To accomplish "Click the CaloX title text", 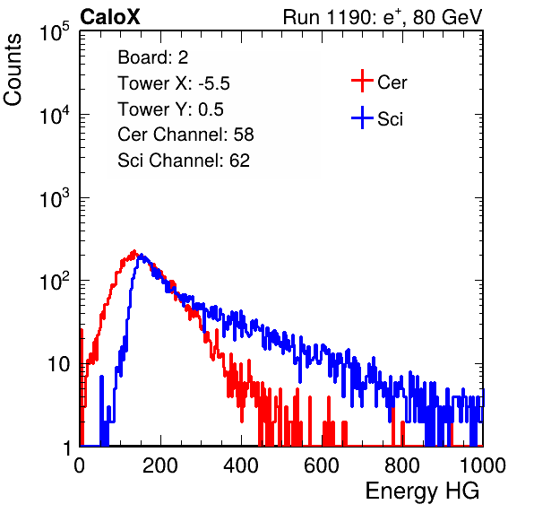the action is coord(110,17).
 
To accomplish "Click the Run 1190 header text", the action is coord(383,17).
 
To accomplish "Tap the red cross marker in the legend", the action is coord(362,81).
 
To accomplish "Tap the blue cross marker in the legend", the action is coord(362,117).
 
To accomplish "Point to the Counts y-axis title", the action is coord(13,70).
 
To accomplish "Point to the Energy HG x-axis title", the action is coord(422,491).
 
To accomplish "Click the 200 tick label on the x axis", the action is coord(160,465).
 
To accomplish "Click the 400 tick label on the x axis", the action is coord(241,465).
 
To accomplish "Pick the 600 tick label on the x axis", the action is coord(322,465).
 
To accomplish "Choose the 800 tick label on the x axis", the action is coord(402,465).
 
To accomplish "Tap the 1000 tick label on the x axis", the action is coord(483,465).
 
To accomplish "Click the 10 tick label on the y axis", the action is coord(59,364).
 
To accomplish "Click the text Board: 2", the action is coord(153,57).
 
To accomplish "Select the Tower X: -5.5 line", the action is coord(174,83).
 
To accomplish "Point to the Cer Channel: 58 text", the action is coord(185,135).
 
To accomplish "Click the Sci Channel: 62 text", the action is coord(184,161).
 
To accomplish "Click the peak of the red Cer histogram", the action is coord(134,251).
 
